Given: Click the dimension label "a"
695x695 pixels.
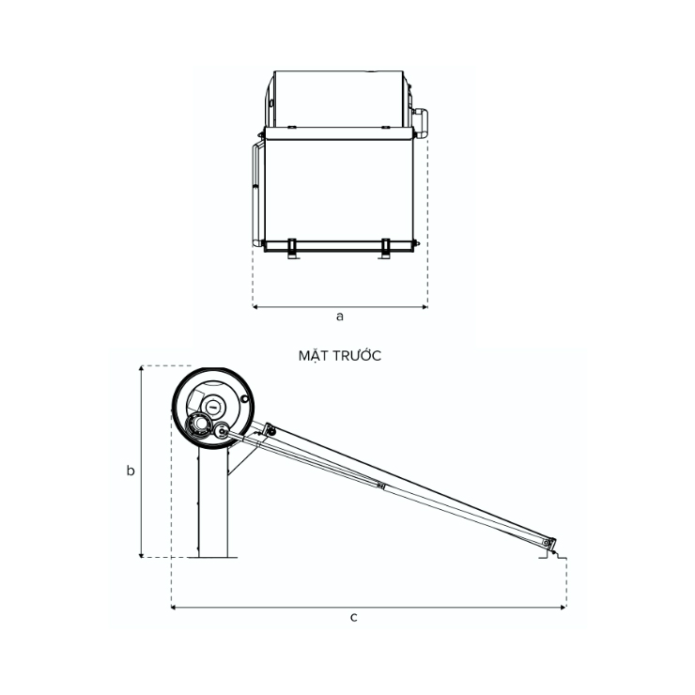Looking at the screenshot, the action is coord(340,317).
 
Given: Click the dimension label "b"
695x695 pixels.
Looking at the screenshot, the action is coord(131,470).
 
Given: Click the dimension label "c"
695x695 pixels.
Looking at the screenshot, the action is coord(354,617).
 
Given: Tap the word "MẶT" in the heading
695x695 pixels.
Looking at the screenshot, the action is coord(313,355).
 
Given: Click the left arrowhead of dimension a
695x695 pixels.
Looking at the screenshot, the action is coord(255,307).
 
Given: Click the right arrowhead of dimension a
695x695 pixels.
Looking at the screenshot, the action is coord(425,307).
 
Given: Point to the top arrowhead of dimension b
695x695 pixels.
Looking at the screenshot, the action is coord(142,368).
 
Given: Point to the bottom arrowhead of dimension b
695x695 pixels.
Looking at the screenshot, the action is coord(142,555).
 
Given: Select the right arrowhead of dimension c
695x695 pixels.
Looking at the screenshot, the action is coord(564,608).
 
